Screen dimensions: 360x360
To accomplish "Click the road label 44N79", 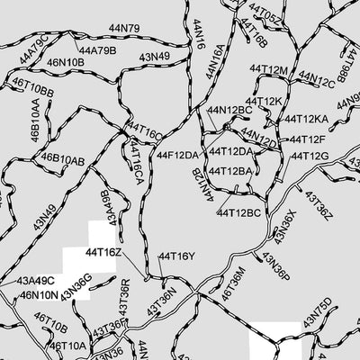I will click(x=121, y=29).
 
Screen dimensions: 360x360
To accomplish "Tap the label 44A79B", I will click(x=97, y=50).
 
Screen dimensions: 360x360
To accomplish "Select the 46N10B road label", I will click(x=66, y=62).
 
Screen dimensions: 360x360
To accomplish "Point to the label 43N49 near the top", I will click(x=154, y=57).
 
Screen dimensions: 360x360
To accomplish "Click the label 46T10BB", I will click(x=33, y=92).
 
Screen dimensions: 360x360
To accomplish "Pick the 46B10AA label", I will click(x=35, y=118).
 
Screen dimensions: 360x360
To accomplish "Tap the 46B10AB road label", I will click(x=63, y=160).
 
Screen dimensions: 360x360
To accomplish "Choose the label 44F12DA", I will click(x=177, y=155).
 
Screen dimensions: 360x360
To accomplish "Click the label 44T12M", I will click(x=268, y=70).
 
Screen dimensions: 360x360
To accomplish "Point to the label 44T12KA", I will click(x=306, y=119).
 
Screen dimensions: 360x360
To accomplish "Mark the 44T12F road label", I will click(x=307, y=139).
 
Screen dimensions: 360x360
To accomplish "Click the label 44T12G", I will click(x=307, y=156).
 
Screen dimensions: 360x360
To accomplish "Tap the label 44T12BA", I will click(x=230, y=171).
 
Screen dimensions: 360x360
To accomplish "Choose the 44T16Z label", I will click(x=103, y=253).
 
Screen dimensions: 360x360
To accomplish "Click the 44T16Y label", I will click(x=176, y=256).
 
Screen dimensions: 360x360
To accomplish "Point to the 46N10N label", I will click(x=39, y=294).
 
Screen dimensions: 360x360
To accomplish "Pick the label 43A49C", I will click(x=36, y=281).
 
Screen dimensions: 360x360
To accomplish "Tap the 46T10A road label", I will click(x=67, y=346).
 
